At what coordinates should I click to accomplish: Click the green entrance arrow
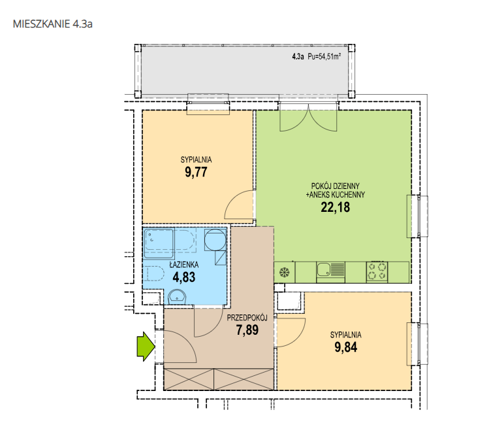pyautogui.click(x=146, y=347)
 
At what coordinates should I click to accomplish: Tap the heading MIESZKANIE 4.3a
pyautogui.click(x=53, y=24)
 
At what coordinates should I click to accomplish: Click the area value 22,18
pyautogui.click(x=336, y=207)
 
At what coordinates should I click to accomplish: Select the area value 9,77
pyautogui.click(x=196, y=172)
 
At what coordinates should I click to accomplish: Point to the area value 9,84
pyautogui.click(x=346, y=347)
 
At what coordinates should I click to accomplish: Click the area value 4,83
pyautogui.click(x=184, y=277)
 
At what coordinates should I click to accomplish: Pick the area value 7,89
pyautogui.click(x=247, y=330)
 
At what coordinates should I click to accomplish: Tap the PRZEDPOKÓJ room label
pyautogui.click(x=247, y=318)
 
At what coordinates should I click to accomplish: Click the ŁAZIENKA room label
pyautogui.click(x=184, y=265)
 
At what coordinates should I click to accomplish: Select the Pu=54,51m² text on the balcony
pyautogui.click(x=324, y=57)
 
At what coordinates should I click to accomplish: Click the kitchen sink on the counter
pyautogui.click(x=330, y=270)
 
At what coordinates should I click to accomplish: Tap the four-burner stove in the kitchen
pyautogui.click(x=377, y=271)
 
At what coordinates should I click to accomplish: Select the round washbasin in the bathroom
pyautogui.click(x=177, y=297)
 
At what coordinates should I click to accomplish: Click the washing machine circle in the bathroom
pyautogui.click(x=215, y=239)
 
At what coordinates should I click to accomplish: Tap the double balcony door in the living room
pyautogui.click(x=308, y=118)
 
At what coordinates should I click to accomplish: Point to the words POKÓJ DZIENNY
pyautogui.click(x=336, y=186)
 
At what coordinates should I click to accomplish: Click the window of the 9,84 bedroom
pyautogui.click(x=418, y=345)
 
